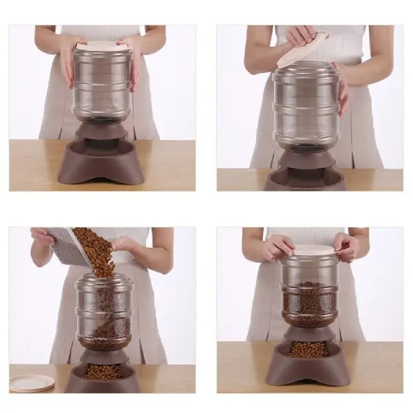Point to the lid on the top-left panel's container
tap(103, 45)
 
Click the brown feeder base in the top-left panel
tap(103, 162)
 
